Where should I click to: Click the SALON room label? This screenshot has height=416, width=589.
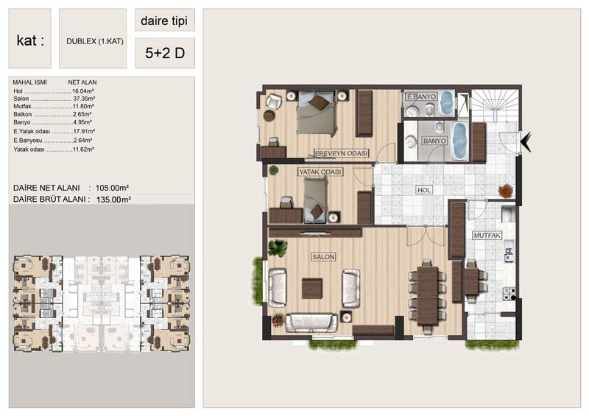click(323, 257)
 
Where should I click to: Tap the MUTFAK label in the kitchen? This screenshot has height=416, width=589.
click(487, 236)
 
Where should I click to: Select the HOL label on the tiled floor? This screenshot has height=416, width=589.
click(424, 190)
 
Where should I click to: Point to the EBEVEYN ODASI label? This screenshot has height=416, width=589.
click(341, 153)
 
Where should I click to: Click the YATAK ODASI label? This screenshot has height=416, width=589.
click(320, 172)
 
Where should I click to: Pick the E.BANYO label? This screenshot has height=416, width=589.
click(422, 96)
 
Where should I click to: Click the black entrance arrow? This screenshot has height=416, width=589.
click(526, 141)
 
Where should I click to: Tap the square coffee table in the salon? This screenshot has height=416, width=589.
click(312, 288)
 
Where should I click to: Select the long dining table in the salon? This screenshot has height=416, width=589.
click(428, 295)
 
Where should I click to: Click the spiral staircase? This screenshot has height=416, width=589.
click(495, 105)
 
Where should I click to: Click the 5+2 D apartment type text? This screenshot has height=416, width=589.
click(165, 53)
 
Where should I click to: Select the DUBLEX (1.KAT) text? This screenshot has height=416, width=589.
click(95, 41)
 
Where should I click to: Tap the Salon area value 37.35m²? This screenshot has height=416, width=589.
click(84, 99)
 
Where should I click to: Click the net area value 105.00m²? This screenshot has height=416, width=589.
click(113, 188)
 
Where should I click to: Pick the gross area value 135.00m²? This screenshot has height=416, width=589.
click(113, 200)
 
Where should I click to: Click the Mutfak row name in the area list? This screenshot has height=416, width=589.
click(22, 106)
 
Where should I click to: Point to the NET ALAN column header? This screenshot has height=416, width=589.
click(82, 82)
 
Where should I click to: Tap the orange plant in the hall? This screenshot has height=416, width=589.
click(505, 190)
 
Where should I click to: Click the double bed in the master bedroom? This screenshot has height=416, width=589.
click(316, 112)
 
